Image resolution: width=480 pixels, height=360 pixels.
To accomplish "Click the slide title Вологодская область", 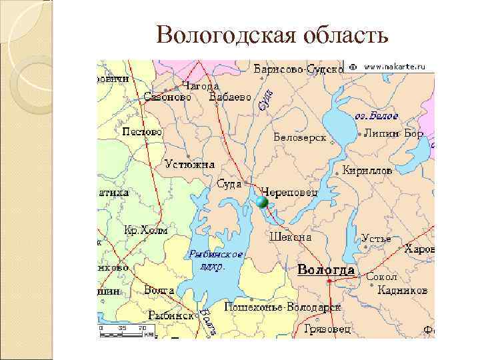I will coord(271,35).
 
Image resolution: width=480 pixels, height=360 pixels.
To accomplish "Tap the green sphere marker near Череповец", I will coord(262,202).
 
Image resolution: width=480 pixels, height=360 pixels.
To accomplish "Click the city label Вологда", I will coord(325,269).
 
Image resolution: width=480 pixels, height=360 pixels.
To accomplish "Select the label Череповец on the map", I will coord(289,191).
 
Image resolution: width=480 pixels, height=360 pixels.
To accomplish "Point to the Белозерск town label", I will coord(299,137).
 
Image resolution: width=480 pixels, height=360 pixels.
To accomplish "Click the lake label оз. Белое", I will coord(376,116).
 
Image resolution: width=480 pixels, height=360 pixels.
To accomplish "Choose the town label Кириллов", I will coord(367,171).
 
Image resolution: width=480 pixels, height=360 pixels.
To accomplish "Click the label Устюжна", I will coord(190,164).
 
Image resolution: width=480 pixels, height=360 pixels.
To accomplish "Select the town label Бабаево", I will coord(231,97).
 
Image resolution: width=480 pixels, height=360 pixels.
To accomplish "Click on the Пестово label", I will coord(142,132).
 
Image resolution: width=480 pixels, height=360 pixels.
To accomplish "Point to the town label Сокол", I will coord(381,277).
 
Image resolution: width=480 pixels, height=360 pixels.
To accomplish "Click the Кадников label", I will coord(402,290).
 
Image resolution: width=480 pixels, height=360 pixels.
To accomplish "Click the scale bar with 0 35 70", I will coord(123,331).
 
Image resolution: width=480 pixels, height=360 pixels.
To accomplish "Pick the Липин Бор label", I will coord(393,133).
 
